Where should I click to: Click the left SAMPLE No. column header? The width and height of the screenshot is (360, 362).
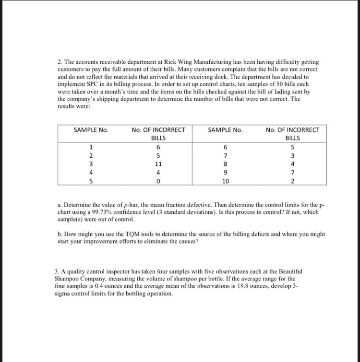(x=91, y=130)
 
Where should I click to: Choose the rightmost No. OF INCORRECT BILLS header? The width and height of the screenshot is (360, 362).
(x=292, y=134)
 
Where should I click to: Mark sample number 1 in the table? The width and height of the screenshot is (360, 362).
(x=91, y=147)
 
